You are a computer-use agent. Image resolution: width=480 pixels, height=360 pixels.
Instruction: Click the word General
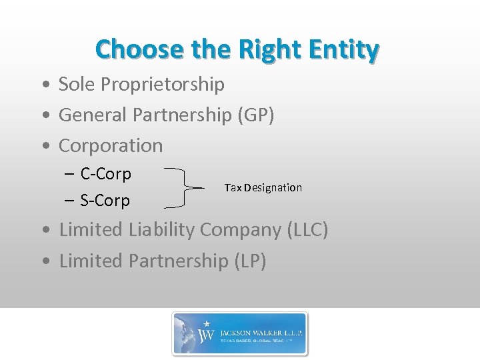[93, 115]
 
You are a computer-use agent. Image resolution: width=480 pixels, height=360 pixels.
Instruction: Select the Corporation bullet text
[111, 145]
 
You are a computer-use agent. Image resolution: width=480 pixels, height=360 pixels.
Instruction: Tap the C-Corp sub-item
[105, 174]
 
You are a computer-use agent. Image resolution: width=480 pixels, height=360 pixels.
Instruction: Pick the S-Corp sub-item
[105, 201]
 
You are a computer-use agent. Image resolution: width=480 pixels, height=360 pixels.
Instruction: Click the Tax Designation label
[263, 188]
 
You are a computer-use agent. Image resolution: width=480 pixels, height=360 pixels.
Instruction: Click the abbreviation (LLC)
[307, 230]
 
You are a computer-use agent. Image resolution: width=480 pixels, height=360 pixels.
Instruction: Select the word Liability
[162, 230]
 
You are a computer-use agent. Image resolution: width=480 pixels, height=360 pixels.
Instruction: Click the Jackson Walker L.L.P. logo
[240, 333]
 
